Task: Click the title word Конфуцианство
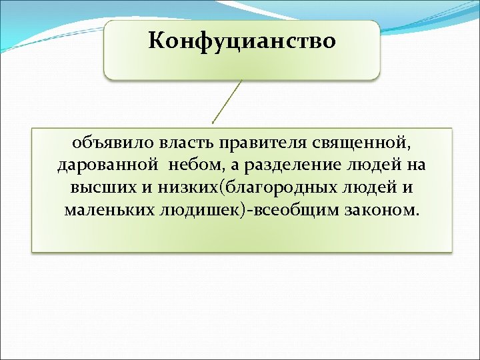(242, 41)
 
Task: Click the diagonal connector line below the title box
(227, 101)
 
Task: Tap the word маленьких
(107, 210)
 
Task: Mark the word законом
(383, 210)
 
